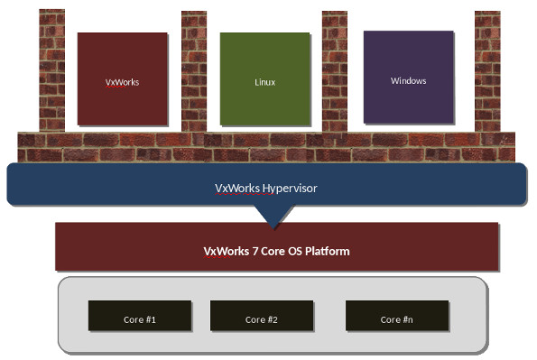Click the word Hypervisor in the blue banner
[x=290, y=189]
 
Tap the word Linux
[x=264, y=82]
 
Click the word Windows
[x=408, y=81]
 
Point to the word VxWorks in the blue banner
[x=237, y=189]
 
